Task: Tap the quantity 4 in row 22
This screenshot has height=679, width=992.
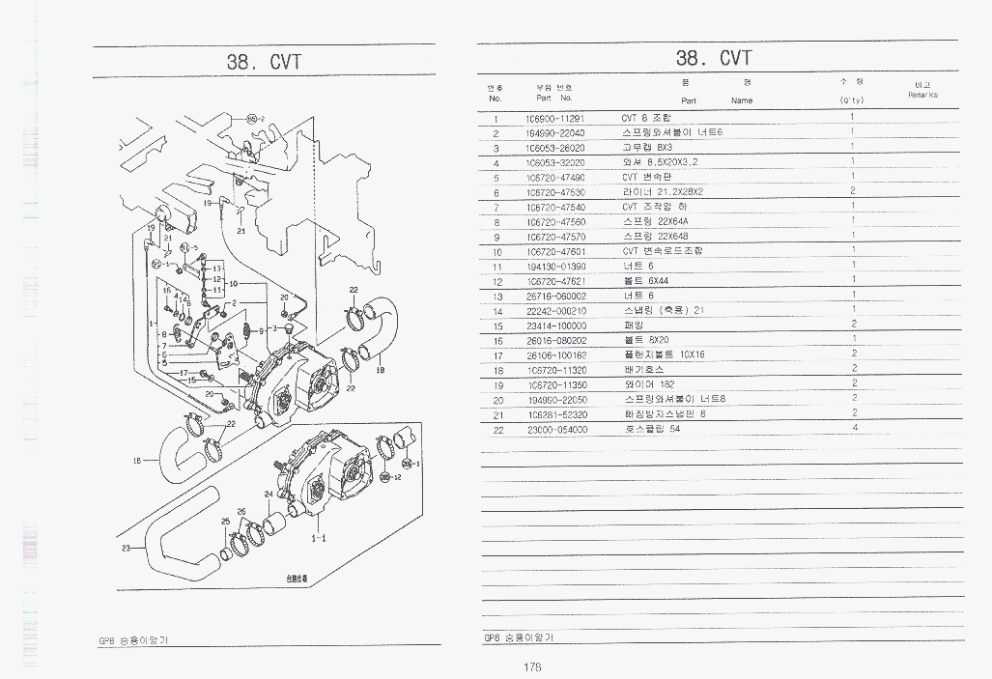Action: tap(855, 428)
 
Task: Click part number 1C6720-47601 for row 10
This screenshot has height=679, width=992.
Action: tap(556, 251)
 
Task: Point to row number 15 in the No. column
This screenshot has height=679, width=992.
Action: tap(497, 325)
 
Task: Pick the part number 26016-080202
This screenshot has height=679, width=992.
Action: tap(556, 340)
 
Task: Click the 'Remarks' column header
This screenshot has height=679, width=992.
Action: tap(921, 95)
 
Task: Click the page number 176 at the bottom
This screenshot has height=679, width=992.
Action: tap(531, 666)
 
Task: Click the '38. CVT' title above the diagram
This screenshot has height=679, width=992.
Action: tap(264, 62)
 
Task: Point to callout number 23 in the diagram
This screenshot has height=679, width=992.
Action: tap(126, 549)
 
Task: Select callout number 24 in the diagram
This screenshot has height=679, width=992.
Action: tap(269, 495)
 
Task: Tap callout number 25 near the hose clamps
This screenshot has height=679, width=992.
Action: tap(225, 522)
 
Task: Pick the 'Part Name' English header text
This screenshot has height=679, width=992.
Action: tap(716, 100)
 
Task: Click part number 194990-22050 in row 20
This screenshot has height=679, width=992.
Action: tap(556, 399)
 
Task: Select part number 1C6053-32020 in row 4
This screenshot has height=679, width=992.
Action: tap(556, 162)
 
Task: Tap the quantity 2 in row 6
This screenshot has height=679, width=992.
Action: tap(853, 191)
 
